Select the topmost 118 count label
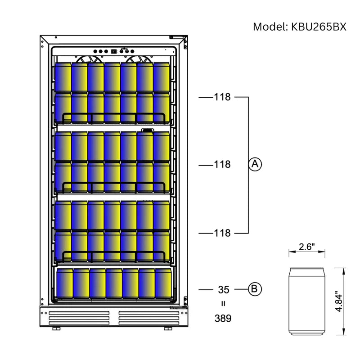[222, 97]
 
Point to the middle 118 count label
[222, 165]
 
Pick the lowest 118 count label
[222, 233]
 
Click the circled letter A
[255, 165]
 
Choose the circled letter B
[255, 289]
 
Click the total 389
[223, 319]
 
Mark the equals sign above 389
[223, 304]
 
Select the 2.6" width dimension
[307, 247]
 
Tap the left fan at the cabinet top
[89, 59]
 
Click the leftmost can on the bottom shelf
[64, 284]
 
